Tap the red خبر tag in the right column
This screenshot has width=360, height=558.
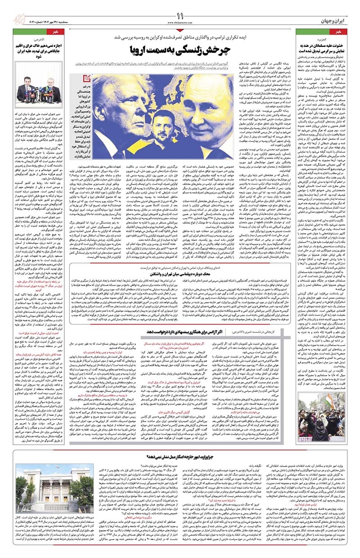[346, 31]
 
